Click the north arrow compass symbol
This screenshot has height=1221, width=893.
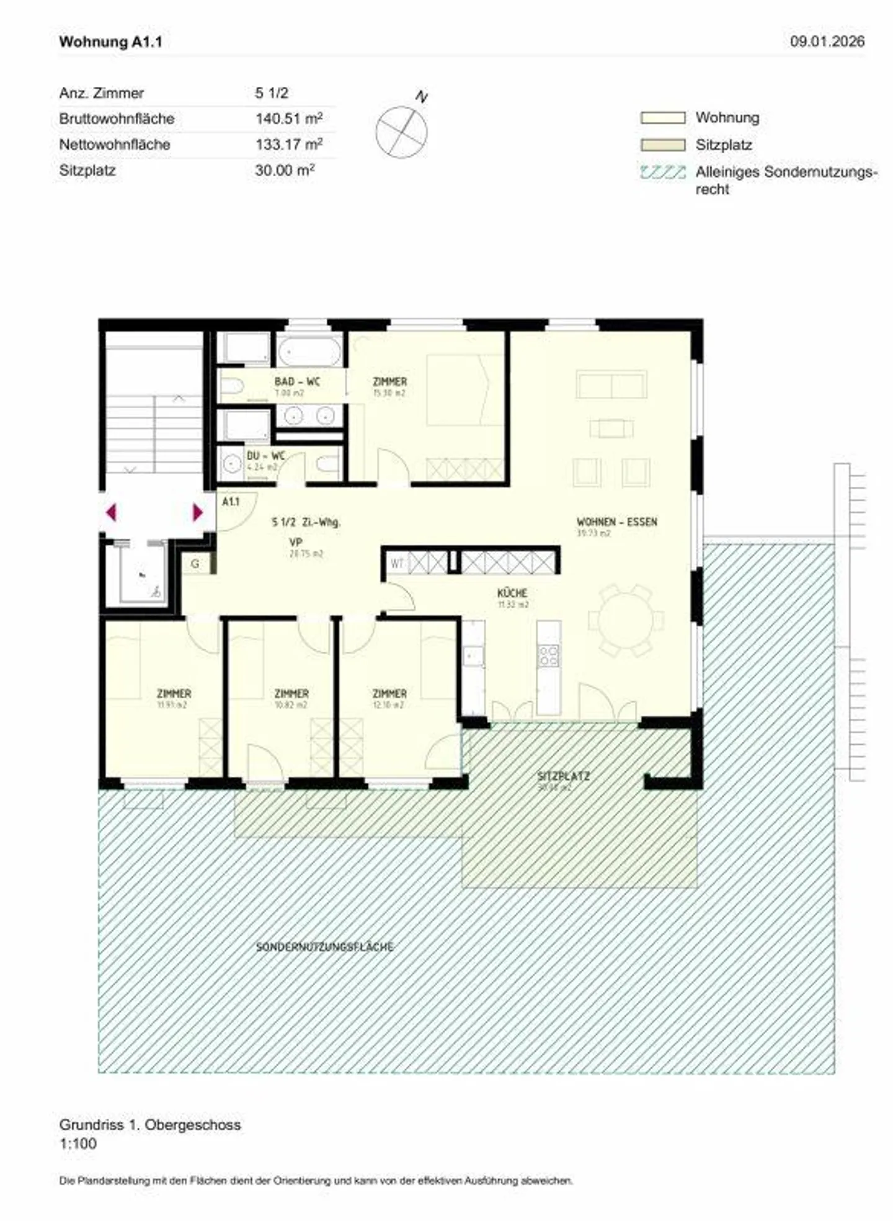(x=402, y=131)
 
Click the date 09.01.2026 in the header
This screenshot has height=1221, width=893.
(x=827, y=42)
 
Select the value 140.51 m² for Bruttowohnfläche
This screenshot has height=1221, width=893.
(x=288, y=118)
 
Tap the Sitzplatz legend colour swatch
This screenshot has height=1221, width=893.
(x=662, y=145)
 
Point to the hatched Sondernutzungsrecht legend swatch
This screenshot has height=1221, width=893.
(x=662, y=172)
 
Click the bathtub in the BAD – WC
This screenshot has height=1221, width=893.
(x=309, y=352)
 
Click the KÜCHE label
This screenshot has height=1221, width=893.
(x=512, y=593)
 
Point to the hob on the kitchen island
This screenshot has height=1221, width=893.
(x=548, y=655)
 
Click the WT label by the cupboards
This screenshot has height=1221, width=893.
(x=397, y=564)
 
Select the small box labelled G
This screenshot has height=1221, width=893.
(x=195, y=564)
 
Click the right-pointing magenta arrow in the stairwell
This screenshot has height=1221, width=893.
(x=197, y=512)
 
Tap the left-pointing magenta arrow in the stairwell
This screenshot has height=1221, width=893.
(x=112, y=512)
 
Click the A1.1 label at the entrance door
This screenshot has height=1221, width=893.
(x=231, y=501)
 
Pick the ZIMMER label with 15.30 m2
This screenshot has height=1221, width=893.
(x=389, y=381)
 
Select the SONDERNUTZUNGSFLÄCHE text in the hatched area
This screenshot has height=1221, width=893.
(x=325, y=947)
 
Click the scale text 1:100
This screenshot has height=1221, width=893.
(x=78, y=1143)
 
